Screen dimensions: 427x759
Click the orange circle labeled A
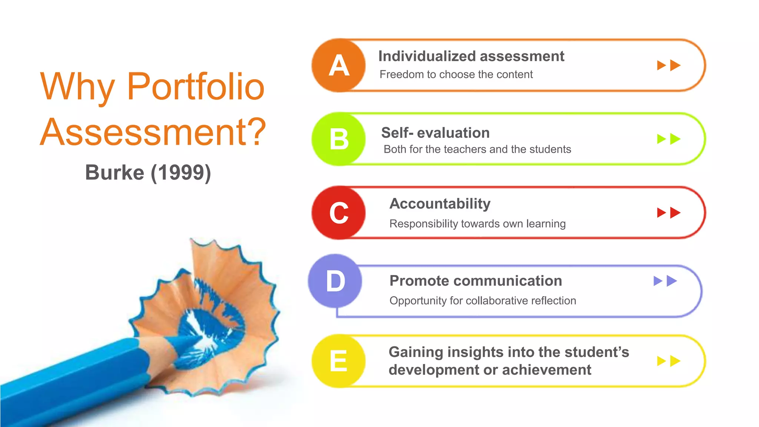338,66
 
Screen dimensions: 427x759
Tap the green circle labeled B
338,139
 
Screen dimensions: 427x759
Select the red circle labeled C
338,213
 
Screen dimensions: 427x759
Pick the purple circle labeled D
335,281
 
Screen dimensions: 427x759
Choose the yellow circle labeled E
338,361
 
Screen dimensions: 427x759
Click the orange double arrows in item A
669,66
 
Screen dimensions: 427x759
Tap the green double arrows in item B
669,139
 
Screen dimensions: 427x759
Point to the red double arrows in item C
669,213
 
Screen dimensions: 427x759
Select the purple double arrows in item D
665,281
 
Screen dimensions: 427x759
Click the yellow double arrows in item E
669,361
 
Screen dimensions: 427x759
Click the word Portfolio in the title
196,87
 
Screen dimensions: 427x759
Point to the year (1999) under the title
181,173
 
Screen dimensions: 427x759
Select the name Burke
115,173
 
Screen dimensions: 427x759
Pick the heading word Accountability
440,203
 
